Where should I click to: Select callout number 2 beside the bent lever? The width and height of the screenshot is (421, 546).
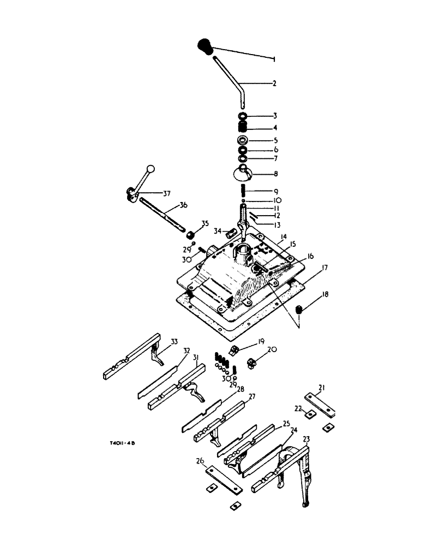pyautogui.click(x=274, y=84)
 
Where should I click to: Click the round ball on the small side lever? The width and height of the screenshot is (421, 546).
pyautogui.click(x=151, y=170)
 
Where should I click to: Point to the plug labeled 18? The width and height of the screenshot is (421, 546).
pyautogui.click(x=299, y=311)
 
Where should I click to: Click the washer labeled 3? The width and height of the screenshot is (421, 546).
pyautogui.click(x=243, y=116)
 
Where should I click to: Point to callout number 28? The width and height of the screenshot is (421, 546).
pyautogui.click(x=225, y=389)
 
